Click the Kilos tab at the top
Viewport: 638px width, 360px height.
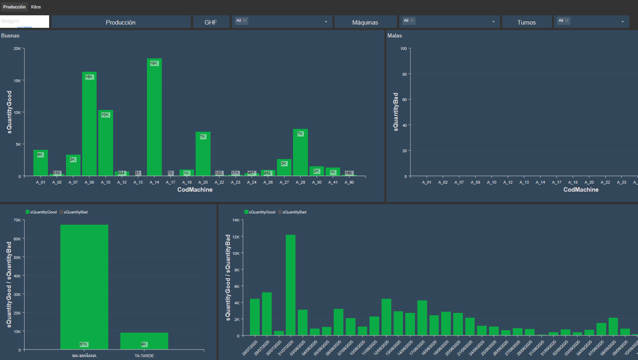click(x=36, y=7)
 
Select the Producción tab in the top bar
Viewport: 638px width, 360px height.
click(x=14, y=7)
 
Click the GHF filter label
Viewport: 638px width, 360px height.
click(x=211, y=22)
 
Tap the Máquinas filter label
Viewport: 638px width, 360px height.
click(x=365, y=22)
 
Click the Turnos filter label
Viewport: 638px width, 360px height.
click(x=527, y=22)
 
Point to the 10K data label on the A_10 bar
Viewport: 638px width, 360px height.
click(x=105, y=115)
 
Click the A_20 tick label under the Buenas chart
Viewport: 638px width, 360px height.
click(x=203, y=182)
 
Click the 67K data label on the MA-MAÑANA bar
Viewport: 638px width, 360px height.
click(x=84, y=344)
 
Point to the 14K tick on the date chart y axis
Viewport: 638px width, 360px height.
click(x=236, y=220)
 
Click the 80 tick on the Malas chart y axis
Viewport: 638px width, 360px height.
click(x=404, y=74)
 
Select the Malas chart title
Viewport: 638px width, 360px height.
click(x=394, y=35)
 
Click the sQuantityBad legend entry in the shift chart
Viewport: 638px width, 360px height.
click(x=75, y=212)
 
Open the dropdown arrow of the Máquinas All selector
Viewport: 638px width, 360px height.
click(x=493, y=22)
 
